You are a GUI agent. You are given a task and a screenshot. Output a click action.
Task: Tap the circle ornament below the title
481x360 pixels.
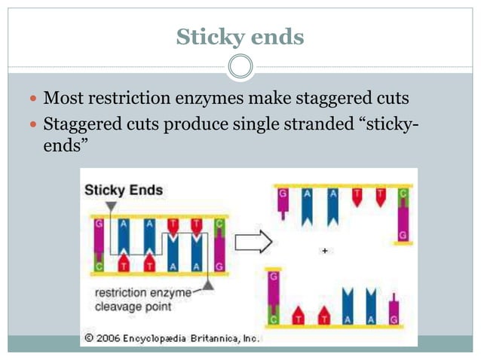(240, 67)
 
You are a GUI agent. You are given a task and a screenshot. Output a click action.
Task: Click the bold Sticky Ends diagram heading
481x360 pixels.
(123, 190)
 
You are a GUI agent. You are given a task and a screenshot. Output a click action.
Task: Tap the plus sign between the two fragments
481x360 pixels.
(325, 250)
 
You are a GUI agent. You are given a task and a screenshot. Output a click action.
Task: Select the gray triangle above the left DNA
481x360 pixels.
(112, 206)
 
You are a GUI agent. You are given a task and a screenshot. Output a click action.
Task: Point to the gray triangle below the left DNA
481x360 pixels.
(208, 287)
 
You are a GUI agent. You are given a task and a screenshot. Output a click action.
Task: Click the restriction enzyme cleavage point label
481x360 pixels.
(135, 301)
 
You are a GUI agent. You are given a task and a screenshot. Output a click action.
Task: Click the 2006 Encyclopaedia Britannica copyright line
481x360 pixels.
(172, 338)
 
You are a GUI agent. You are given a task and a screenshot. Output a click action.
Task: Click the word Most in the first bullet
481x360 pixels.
(63, 99)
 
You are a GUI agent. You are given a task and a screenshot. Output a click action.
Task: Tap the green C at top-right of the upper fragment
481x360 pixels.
(403, 194)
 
